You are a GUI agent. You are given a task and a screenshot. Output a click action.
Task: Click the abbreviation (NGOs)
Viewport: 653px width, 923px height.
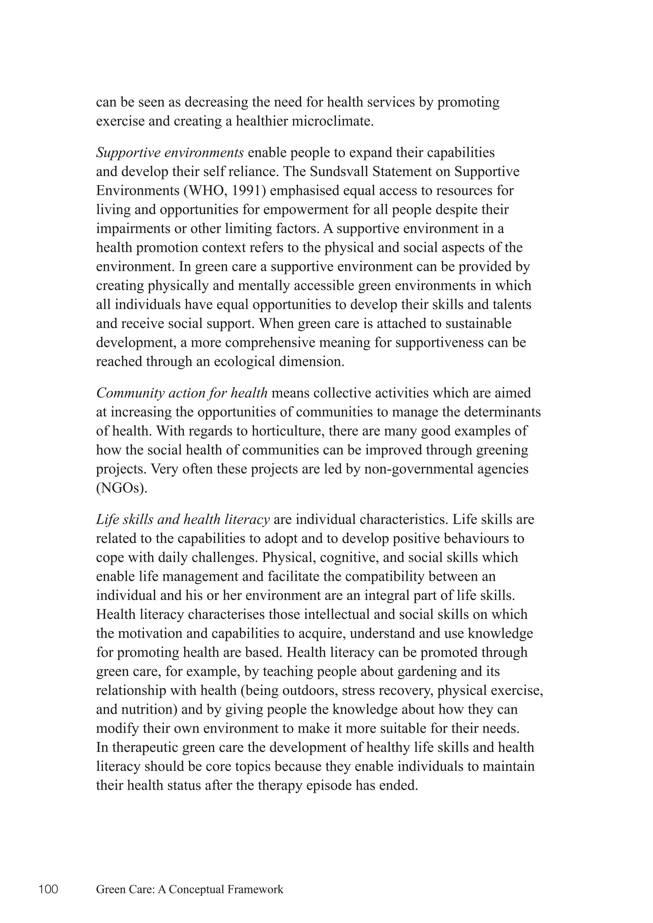pyautogui.click(x=122, y=488)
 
